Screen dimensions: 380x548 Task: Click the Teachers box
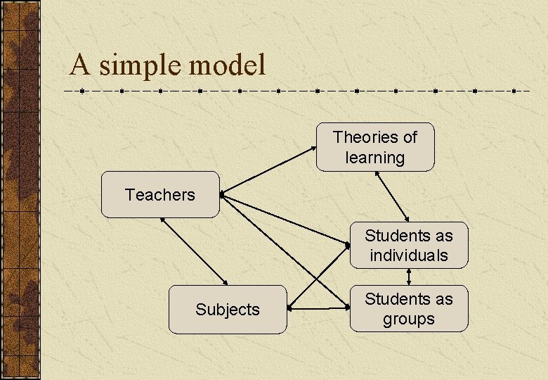(160, 194)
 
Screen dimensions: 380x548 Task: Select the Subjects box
(228, 309)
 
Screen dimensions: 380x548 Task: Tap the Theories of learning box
(374, 147)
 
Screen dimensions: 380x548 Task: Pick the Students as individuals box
(408, 245)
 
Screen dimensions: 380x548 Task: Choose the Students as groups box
(408, 308)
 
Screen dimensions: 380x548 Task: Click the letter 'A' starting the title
(79, 65)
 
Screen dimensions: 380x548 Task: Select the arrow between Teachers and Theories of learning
(267, 170)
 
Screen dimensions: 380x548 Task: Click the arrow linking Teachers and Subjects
(195, 251)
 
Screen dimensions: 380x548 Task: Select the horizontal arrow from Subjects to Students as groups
(320, 308)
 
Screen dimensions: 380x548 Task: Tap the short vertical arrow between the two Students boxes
(409, 277)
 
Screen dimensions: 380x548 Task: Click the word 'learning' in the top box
(374, 158)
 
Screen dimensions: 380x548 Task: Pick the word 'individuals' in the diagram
(408, 255)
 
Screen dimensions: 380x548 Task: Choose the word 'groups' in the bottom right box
(408, 319)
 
